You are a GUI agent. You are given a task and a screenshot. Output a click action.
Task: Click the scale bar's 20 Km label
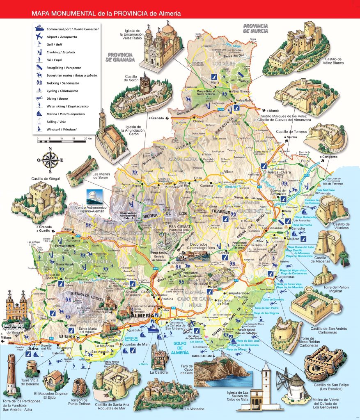pos(87,139)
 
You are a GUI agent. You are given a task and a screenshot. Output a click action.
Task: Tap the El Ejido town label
pos(67,336)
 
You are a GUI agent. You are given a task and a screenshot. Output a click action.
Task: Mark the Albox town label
pos(228,171)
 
